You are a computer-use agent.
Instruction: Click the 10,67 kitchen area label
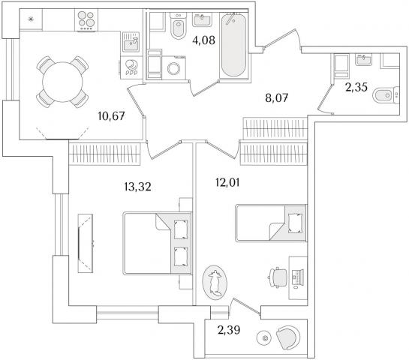[111, 115]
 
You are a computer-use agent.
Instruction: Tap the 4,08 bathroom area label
[203, 40]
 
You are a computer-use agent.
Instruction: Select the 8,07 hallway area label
[277, 98]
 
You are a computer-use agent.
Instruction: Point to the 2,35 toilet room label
[356, 87]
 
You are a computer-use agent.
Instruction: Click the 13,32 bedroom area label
[138, 187]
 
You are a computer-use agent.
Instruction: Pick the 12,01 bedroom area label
[227, 182]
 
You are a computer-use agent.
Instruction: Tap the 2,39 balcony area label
[229, 330]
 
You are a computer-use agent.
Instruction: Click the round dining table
[62, 82]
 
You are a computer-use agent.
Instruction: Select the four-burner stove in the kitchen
[86, 20]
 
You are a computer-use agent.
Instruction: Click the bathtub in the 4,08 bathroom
[233, 45]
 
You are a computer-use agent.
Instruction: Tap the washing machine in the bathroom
[173, 67]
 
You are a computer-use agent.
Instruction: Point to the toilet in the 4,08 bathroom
[179, 25]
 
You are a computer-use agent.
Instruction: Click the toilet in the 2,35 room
[386, 95]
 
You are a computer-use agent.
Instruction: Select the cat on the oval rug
[215, 283]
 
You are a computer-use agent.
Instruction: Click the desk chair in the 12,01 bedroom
[278, 277]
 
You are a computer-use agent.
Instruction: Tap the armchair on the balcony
[288, 337]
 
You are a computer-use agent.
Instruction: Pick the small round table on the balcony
[266, 338]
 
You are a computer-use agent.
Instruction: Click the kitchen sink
[131, 42]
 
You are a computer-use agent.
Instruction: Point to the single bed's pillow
[296, 223]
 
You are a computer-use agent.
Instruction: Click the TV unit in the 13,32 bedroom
[86, 244]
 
